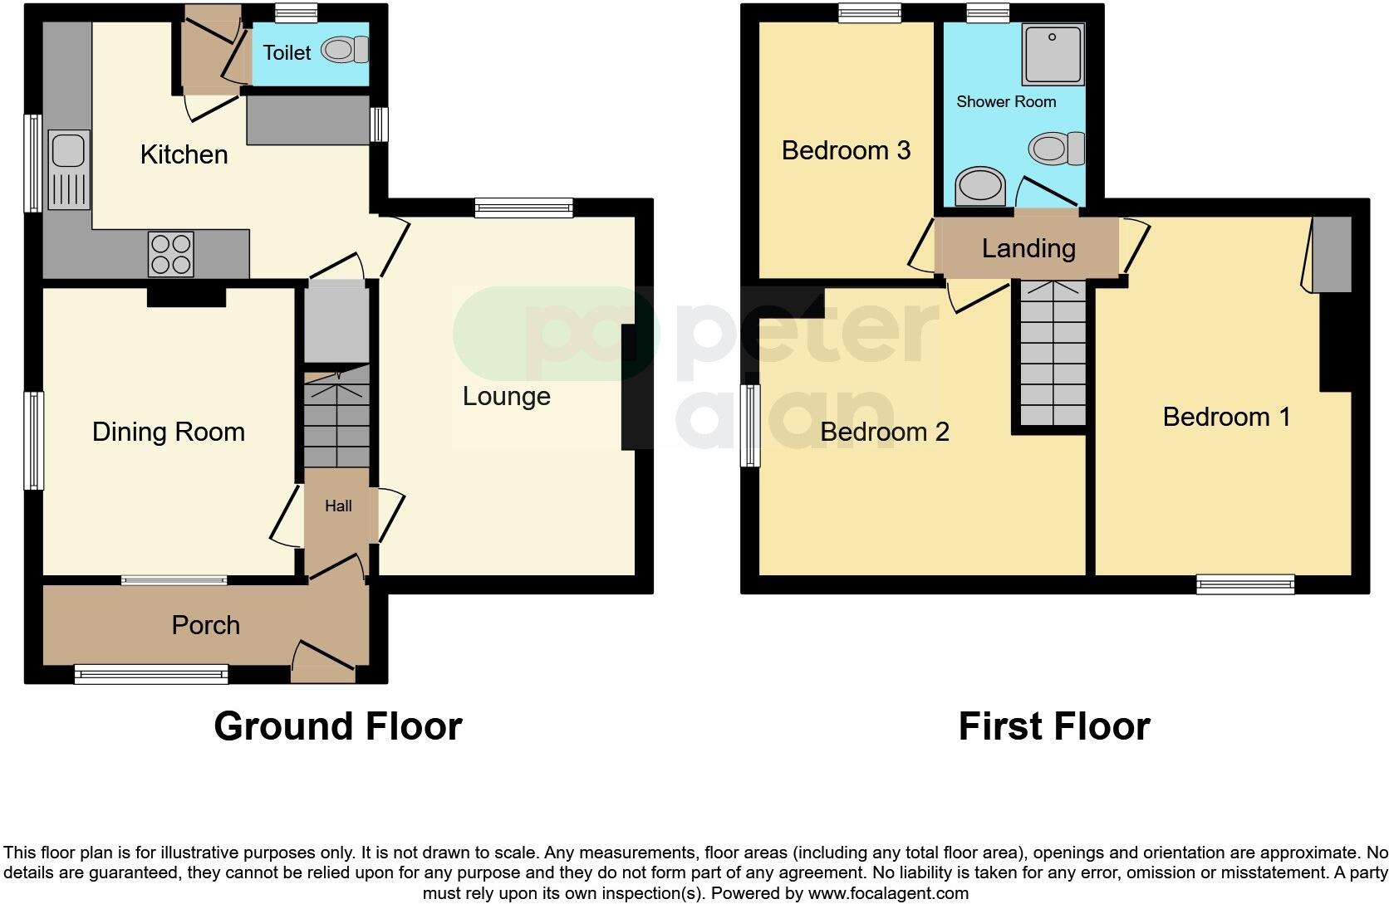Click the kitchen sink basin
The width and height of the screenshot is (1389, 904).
point(66,150)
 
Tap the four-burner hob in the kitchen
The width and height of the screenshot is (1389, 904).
point(170,253)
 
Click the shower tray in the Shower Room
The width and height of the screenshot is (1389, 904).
point(1053,56)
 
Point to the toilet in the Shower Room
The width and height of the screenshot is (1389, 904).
point(1057,149)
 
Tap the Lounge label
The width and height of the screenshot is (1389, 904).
point(506,396)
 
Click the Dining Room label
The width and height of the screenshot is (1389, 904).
point(168,432)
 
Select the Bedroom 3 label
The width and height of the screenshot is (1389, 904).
point(846,150)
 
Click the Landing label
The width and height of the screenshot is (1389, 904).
point(1028,248)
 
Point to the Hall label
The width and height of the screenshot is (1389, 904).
point(338,506)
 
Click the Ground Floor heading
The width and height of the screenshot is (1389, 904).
point(337,726)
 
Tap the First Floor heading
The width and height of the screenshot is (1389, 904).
point(1053,726)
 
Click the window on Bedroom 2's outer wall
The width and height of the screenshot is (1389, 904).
point(751,425)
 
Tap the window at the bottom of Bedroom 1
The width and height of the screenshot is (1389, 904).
point(1244,584)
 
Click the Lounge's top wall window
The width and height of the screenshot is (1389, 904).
point(523,208)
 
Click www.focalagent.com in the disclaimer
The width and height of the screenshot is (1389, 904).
point(887,894)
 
